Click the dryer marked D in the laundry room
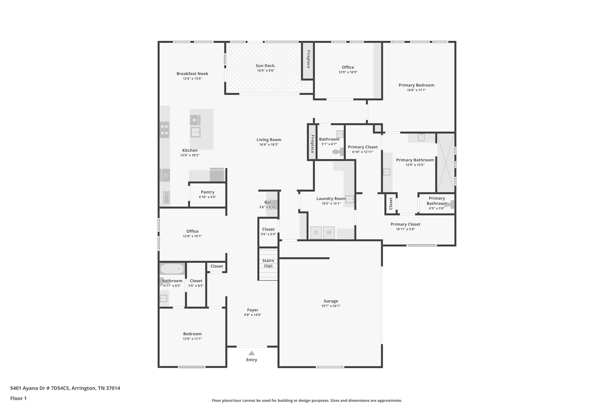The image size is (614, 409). [x=316, y=233]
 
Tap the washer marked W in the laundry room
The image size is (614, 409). [x=329, y=233]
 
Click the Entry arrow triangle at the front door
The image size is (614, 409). [x=252, y=353]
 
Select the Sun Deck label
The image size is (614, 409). [x=266, y=66]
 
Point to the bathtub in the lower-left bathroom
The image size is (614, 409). [x=172, y=269]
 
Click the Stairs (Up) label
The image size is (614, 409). [x=268, y=263]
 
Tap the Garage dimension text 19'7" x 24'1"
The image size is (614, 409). [x=331, y=306]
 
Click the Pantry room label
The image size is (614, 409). [x=207, y=192]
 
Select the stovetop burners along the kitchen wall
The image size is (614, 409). [x=164, y=130]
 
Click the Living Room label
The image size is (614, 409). [x=269, y=140]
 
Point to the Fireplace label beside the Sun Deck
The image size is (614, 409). [x=308, y=59]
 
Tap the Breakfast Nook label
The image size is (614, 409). [x=192, y=74]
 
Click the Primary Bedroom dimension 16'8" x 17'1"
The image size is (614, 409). [x=416, y=90]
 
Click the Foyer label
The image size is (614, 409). [x=253, y=310]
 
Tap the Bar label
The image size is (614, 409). [x=268, y=202]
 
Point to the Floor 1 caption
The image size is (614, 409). [x=18, y=398]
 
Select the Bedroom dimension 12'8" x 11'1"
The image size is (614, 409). [x=192, y=339]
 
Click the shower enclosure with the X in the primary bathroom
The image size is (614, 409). [x=446, y=163]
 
